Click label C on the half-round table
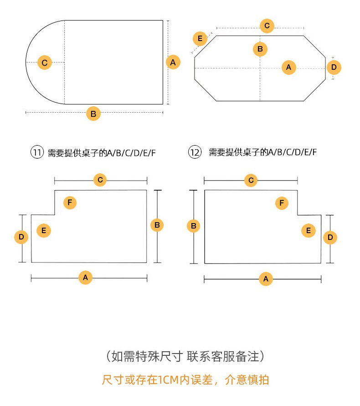[44, 62]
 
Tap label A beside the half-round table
[173, 62]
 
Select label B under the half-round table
[93, 114]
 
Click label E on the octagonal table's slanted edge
[200, 39]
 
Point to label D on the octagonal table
[334, 68]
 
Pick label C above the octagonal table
[267, 26]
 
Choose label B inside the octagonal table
[260, 49]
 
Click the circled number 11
[37, 152]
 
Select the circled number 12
[195, 152]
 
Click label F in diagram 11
[70, 203]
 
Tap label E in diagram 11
[44, 230]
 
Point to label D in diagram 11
[21, 237]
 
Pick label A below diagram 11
[85, 277]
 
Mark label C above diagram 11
[100, 180]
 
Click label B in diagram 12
[194, 226]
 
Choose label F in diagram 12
[282, 203]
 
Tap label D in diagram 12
[330, 237]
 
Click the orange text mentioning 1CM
[185, 380]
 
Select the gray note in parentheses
[185, 356]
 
